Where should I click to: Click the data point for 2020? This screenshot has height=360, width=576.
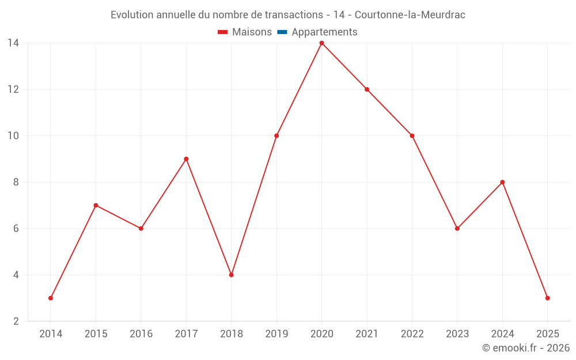321,43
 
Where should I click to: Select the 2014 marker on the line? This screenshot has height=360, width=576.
51,298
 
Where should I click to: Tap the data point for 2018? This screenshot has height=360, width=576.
231,275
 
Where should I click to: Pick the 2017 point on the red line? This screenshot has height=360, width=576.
186,159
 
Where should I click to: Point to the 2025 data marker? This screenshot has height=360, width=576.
547,298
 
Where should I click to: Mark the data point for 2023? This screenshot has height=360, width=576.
457,228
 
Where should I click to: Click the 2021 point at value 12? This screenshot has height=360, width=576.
367,89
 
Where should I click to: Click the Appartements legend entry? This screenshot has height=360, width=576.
324,32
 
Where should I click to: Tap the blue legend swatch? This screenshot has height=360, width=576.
282,32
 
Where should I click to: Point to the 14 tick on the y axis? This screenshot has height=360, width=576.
13,43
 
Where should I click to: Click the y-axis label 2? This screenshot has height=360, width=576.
16,321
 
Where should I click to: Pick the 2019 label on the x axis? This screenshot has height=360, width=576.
276,334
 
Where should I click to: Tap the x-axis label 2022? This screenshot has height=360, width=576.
412,334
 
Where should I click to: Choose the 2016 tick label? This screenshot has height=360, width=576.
141,334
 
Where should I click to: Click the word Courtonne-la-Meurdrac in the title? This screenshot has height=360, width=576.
410,15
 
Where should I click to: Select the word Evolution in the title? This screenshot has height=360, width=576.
132,15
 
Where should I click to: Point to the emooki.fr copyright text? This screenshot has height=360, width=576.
526,348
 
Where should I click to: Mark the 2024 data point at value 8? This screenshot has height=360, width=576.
502,182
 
